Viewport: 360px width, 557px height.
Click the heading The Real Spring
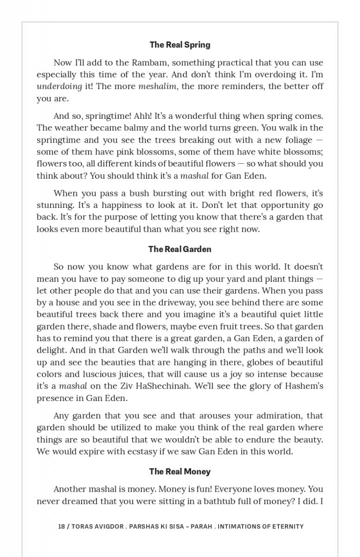tap(180, 45)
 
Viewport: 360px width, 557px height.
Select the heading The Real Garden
tap(180, 249)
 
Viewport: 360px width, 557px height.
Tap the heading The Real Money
tap(180, 472)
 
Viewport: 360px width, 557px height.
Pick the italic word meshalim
tap(157, 86)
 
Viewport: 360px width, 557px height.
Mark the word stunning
tap(54, 205)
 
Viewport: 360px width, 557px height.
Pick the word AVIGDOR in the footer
tap(107, 526)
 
